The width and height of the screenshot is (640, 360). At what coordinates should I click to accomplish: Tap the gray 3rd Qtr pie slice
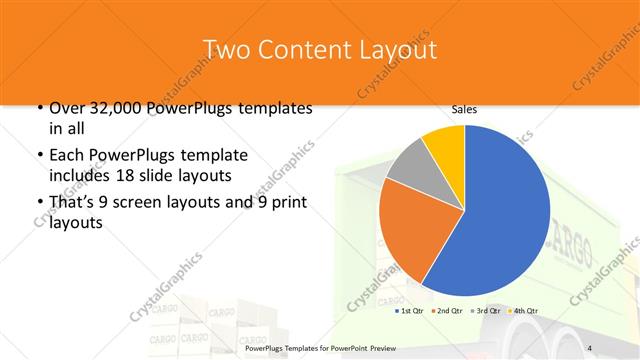coord(407,171)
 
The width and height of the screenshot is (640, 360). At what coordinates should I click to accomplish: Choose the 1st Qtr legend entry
coord(410,311)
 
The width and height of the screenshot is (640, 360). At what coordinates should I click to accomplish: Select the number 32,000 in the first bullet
coord(117,108)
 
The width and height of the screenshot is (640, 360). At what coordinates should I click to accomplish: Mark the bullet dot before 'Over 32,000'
coord(39,108)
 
